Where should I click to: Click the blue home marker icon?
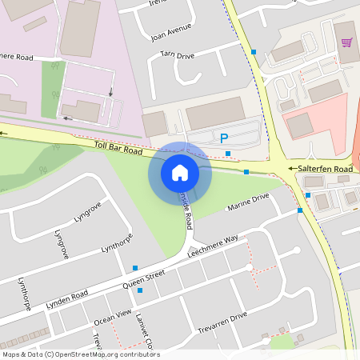click(x=180, y=172)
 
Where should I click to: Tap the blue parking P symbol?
click(x=224, y=138)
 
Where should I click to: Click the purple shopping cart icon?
click(x=347, y=42)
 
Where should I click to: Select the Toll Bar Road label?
click(x=117, y=148)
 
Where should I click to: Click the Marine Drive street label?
click(x=249, y=202)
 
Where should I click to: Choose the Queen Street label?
click(x=143, y=279)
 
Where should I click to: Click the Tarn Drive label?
click(x=177, y=55)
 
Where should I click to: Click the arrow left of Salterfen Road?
click(x=281, y=169)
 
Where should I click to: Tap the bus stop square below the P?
click(x=228, y=153)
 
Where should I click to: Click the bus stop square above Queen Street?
click(x=135, y=268)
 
